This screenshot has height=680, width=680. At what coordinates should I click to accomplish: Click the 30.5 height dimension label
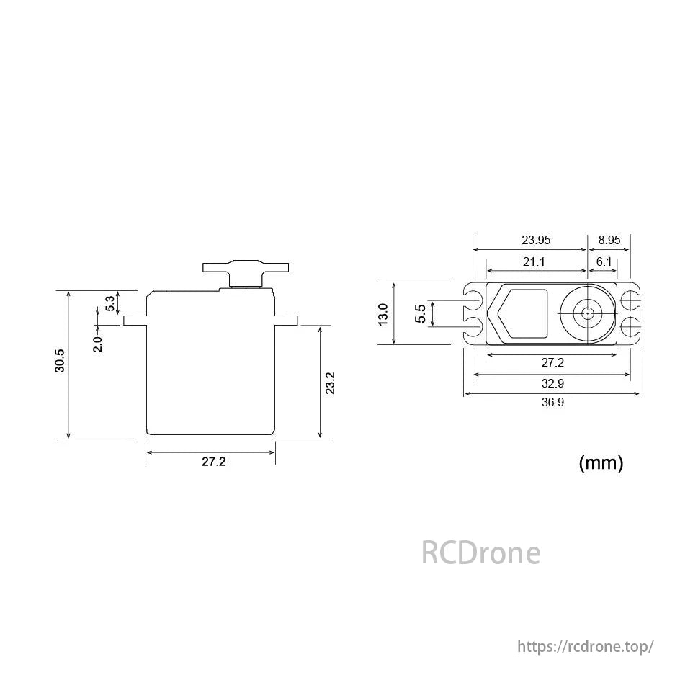[60, 361]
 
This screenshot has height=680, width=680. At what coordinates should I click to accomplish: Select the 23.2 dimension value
[330, 383]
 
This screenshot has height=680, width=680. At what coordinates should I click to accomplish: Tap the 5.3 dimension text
[109, 303]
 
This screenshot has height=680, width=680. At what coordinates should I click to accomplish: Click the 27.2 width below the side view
[213, 462]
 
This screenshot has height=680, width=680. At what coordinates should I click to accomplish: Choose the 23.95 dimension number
[536, 240]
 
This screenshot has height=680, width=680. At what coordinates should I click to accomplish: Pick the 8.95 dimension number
[609, 240]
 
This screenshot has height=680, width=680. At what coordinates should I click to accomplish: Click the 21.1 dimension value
[534, 261]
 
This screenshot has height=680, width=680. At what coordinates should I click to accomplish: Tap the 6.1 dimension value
[604, 261]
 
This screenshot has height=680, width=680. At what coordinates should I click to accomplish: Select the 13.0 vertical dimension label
[383, 313]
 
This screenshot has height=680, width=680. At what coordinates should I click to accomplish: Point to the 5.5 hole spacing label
[421, 313]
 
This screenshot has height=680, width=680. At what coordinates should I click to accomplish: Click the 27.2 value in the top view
[552, 362]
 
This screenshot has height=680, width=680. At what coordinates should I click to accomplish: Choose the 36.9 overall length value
[552, 403]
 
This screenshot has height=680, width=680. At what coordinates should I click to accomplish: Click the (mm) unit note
[601, 463]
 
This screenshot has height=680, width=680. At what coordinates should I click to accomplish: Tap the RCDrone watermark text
[480, 553]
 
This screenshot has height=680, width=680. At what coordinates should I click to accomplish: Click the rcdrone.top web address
[586, 646]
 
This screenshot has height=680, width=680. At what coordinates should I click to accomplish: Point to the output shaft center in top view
[589, 313]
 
